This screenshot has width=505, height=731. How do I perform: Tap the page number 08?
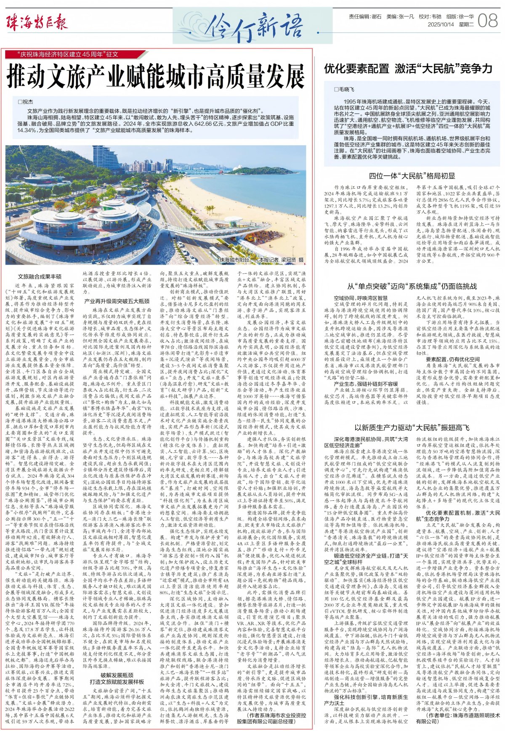488,21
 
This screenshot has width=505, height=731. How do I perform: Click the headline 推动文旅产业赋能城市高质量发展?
156,76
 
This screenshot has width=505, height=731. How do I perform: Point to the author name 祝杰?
26,102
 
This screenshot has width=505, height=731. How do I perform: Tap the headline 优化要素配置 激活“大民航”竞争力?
408,69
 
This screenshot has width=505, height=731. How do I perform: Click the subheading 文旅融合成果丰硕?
40,276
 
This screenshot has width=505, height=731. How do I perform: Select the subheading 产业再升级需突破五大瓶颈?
117,301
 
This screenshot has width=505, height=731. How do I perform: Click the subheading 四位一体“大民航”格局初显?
412,176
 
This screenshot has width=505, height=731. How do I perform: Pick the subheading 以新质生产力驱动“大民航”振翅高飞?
412,428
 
